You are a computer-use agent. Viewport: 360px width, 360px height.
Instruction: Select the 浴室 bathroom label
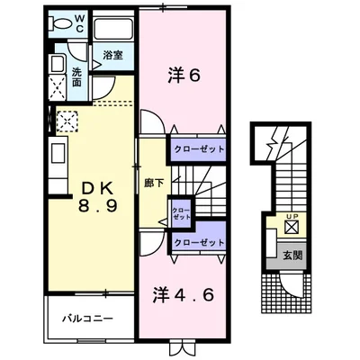[114, 56]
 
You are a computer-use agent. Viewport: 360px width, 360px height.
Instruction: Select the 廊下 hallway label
[152, 183]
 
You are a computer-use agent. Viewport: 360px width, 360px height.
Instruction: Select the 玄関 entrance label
[292, 255]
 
